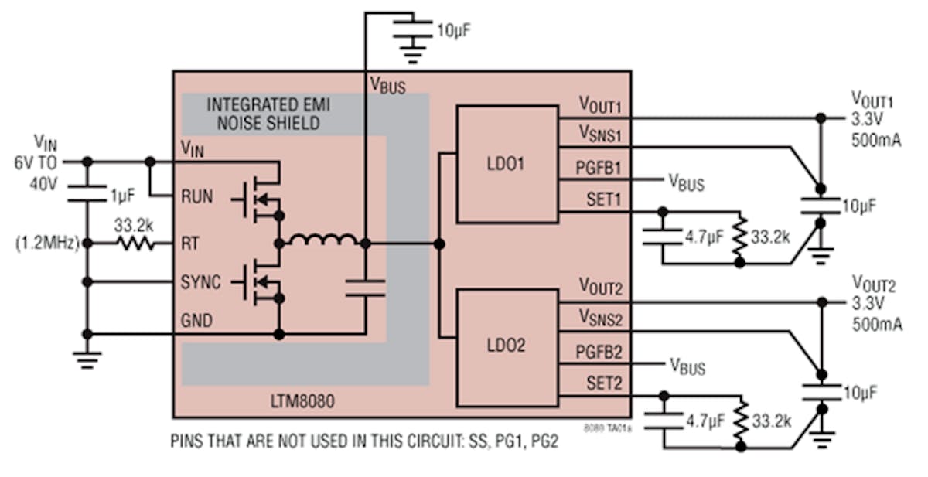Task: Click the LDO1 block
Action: [x=507, y=164]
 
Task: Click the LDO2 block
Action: [x=507, y=346]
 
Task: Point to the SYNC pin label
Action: [x=200, y=282]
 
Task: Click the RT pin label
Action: [x=189, y=244]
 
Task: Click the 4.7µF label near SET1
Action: [x=705, y=237]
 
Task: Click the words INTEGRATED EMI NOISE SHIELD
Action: [x=263, y=114]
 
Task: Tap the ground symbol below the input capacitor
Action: [x=87, y=358]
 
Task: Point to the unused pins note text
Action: [x=363, y=443]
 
